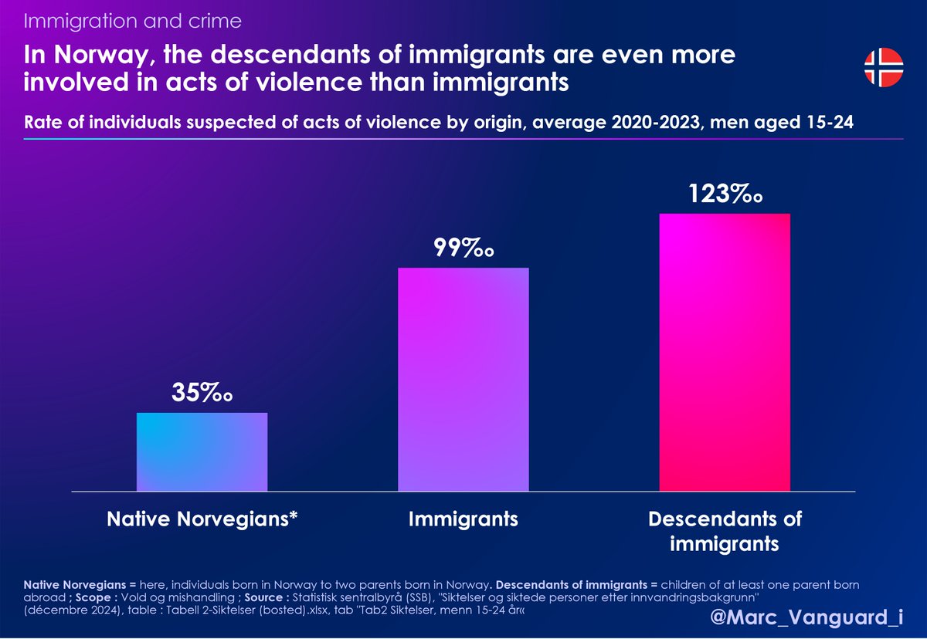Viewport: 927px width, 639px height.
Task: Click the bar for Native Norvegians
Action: coord(202,452)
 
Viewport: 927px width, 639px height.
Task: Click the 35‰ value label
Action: coord(202,393)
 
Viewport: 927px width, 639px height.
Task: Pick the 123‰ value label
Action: coord(725,193)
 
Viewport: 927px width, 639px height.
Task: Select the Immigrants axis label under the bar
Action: coord(463,519)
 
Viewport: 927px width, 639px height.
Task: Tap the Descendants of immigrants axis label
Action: coord(725,531)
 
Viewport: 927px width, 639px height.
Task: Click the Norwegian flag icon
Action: coord(883,67)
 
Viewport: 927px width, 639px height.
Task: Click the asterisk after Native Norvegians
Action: coord(294,516)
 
